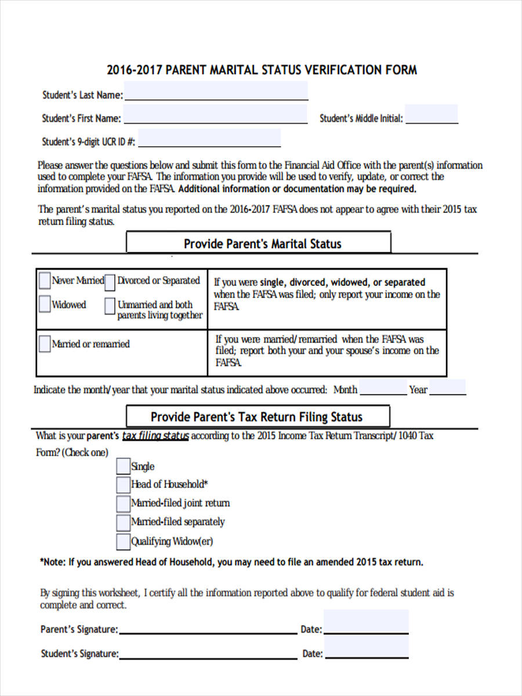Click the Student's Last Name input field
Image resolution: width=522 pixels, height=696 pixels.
pyautogui.click(x=216, y=91)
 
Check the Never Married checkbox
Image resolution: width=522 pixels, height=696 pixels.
pyautogui.click(x=45, y=281)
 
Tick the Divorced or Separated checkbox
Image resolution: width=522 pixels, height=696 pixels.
pyautogui.click(x=110, y=281)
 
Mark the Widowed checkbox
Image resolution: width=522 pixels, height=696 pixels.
pyautogui.click(x=45, y=304)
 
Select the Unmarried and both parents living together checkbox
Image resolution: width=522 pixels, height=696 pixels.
pyautogui.click(x=110, y=306)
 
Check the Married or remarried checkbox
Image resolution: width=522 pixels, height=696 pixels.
pyautogui.click(x=45, y=344)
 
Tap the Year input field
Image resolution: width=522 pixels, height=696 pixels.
pyautogui.click(x=447, y=388)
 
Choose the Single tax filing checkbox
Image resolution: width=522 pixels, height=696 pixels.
pyautogui.click(x=123, y=466)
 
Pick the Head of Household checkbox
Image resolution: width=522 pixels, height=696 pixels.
pyautogui.click(x=123, y=484)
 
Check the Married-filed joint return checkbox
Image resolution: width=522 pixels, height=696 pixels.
pyautogui.click(x=123, y=503)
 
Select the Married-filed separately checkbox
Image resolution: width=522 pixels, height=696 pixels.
pyautogui.click(x=123, y=522)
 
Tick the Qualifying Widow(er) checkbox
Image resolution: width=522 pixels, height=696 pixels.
pyautogui.click(x=123, y=542)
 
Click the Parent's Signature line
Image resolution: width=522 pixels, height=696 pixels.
pyautogui.click(x=208, y=629)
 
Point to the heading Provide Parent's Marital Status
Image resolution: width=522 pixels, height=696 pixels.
pyautogui.click(x=262, y=244)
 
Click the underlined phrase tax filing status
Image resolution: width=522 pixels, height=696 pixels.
pyautogui.click(x=155, y=436)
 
